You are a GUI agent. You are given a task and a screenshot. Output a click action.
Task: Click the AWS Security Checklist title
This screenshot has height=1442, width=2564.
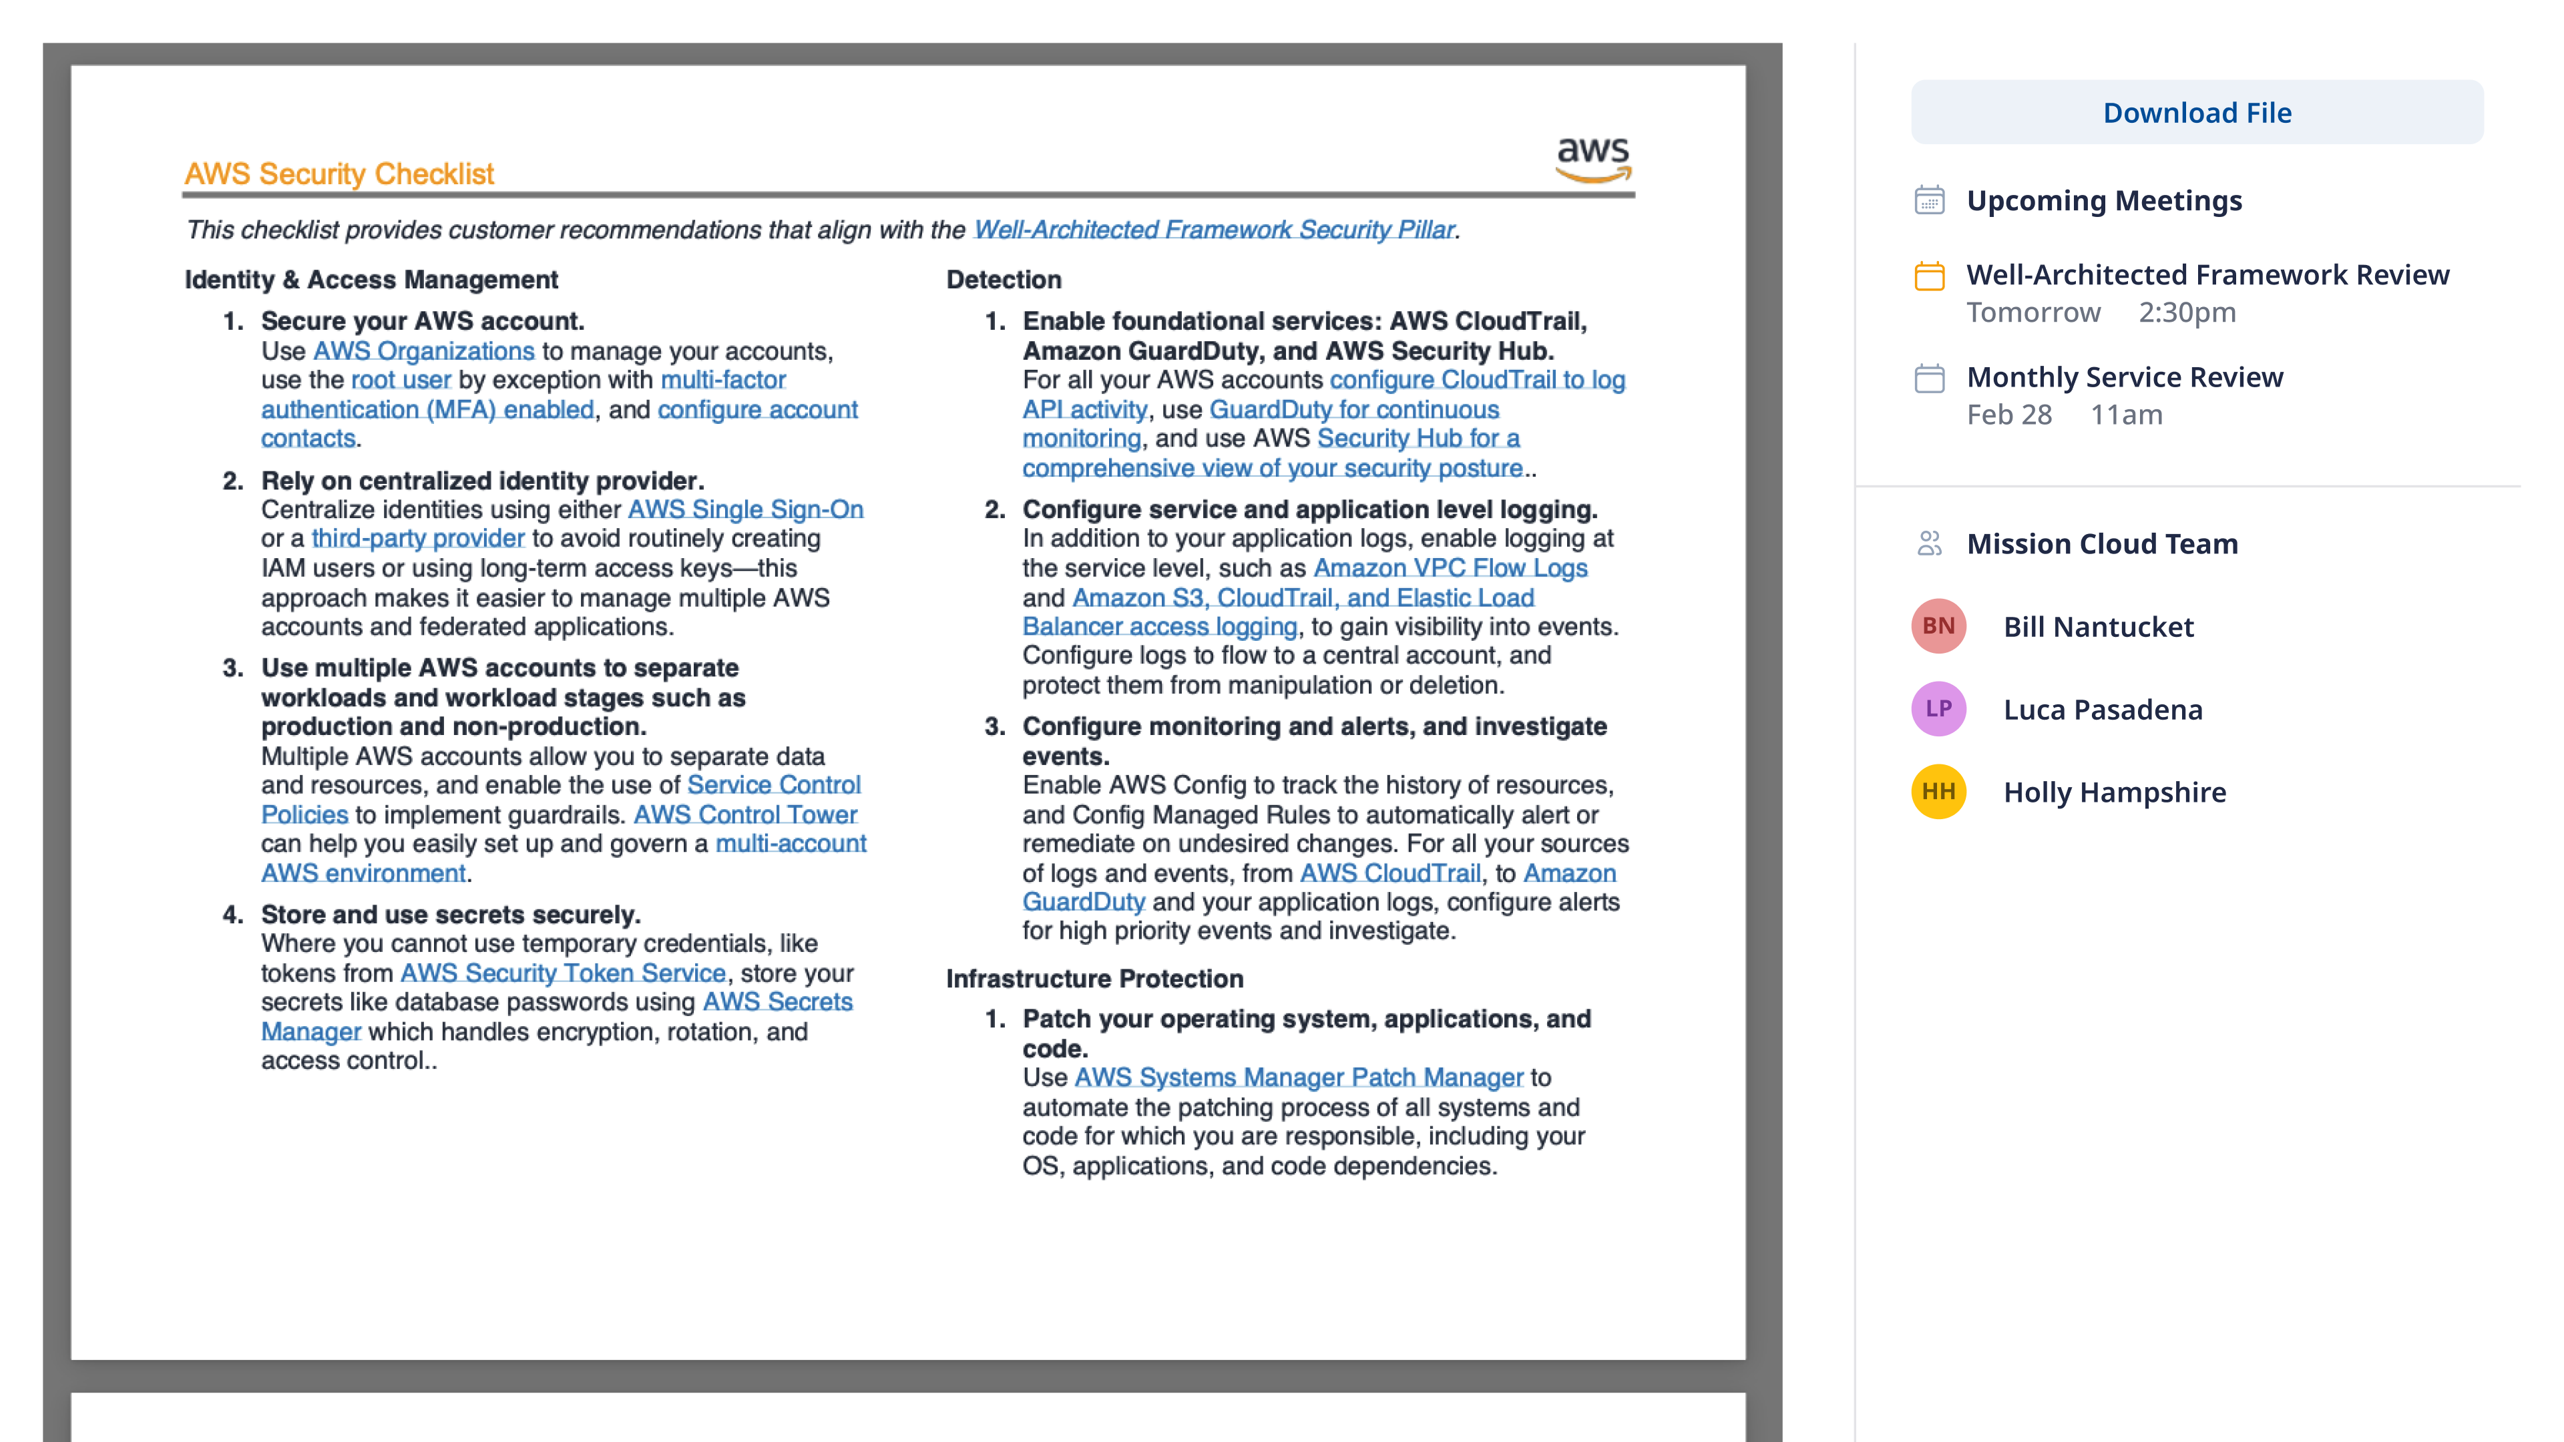point(339,174)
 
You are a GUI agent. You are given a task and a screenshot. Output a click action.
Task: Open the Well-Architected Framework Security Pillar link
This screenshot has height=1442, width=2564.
point(1213,230)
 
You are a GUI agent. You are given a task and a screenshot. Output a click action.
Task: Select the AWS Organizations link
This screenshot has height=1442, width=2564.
point(423,351)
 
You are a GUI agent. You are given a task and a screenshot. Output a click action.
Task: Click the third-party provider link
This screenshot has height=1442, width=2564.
point(417,538)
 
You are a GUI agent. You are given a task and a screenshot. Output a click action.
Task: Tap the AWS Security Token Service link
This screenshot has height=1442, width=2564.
point(562,973)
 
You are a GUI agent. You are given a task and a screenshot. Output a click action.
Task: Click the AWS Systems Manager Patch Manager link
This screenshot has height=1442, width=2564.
point(1298,1077)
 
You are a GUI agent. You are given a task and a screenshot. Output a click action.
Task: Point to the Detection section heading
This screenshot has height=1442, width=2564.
point(1004,280)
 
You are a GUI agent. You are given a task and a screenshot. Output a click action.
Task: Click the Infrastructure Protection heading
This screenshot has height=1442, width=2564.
point(1094,979)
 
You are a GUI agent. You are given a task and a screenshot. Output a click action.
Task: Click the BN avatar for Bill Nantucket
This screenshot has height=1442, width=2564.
point(1937,626)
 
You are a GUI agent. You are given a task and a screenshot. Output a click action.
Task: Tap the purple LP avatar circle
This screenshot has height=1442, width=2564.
point(1937,708)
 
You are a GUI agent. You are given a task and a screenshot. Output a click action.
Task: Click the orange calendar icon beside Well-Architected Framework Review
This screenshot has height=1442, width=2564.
point(1929,276)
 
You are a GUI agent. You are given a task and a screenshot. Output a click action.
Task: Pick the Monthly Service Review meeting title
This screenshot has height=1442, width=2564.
point(2124,377)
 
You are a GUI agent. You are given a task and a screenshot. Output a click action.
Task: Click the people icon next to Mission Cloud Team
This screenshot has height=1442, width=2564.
point(1929,543)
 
